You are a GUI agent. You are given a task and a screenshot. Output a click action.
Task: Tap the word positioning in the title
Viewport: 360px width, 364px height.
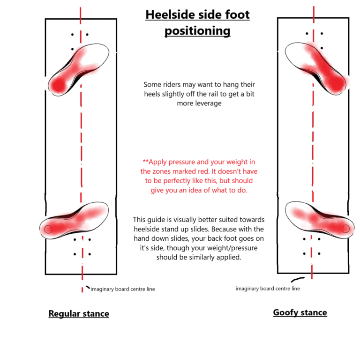[x=197, y=31]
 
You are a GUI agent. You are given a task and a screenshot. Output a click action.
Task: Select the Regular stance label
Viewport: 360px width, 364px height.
[x=79, y=313]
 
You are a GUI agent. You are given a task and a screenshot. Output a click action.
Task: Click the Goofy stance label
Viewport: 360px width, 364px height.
[x=300, y=312]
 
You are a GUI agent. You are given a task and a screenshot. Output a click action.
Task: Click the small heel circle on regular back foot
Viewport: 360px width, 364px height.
[x=48, y=229]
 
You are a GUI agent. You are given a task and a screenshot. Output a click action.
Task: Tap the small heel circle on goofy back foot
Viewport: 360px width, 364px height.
[x=345, y=229]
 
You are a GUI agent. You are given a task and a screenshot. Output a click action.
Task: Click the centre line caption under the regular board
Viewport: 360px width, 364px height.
[x=123, y=289]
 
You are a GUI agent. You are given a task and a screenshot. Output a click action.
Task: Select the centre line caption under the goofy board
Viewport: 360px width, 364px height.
[x=268, y=289]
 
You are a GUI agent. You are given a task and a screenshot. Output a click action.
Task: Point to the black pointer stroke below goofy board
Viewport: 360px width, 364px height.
[x=298, y=279]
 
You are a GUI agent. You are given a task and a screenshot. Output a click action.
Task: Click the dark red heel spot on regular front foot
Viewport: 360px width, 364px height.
[x=58, y=85]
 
